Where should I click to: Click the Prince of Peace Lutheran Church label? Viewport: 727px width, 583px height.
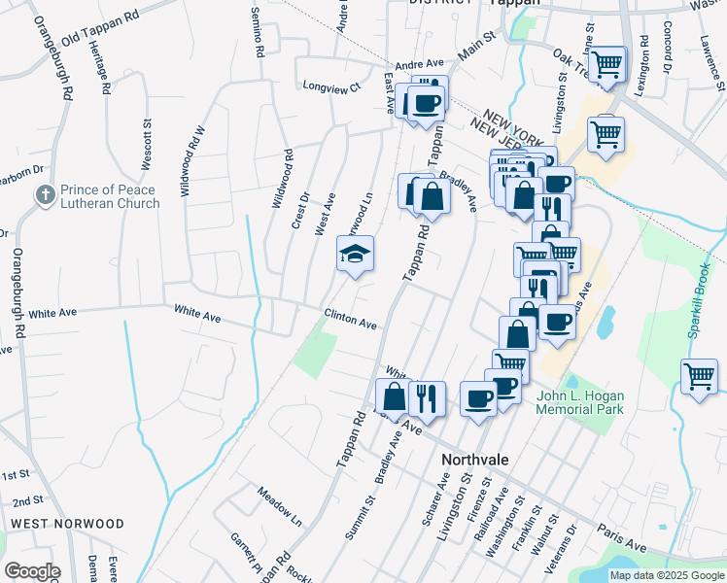tap(110, 196)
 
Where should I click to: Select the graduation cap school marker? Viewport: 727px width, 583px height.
tap(356, 256)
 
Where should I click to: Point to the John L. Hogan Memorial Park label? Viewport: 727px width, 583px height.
tap(581, 402)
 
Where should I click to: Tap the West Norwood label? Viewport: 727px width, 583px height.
tap(67, 524)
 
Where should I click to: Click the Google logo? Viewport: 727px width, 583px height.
tap(32, 571)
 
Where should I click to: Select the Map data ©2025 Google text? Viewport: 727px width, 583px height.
tap(667, 575)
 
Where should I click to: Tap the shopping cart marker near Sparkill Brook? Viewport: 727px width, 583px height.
tap(699, 376)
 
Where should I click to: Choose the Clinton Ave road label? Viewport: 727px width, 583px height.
tap(350, 320)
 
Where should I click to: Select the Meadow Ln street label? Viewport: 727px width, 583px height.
tap(280, 500)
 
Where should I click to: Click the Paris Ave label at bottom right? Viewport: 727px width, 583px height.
tap(622, 538)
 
